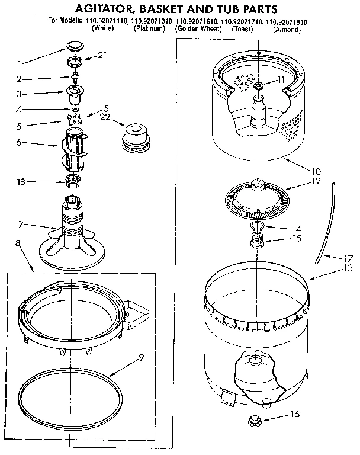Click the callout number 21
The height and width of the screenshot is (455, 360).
coord(102,55)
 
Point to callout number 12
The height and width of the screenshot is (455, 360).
coord(316,181)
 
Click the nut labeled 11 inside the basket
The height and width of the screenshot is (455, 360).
coord(259,86)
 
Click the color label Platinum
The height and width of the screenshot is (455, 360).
coord(149,28)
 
